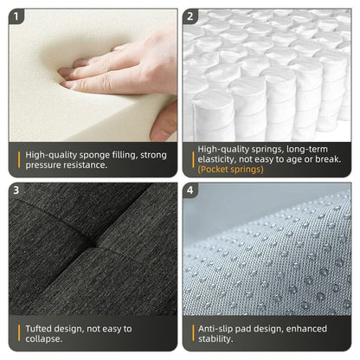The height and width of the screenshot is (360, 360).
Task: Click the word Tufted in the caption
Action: [42, 329]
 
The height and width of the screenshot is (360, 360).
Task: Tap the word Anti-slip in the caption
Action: [219, 329]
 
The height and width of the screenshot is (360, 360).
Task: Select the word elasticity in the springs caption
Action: [219, 159]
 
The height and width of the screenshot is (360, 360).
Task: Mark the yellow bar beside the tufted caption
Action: [19, 334]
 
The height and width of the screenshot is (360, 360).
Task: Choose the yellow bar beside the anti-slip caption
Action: [192, 334]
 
